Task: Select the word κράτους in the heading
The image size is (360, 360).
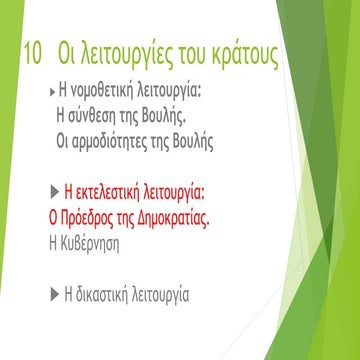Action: [x=239, y=54]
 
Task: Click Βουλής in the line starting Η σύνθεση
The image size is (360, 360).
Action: [x=185, y=116]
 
